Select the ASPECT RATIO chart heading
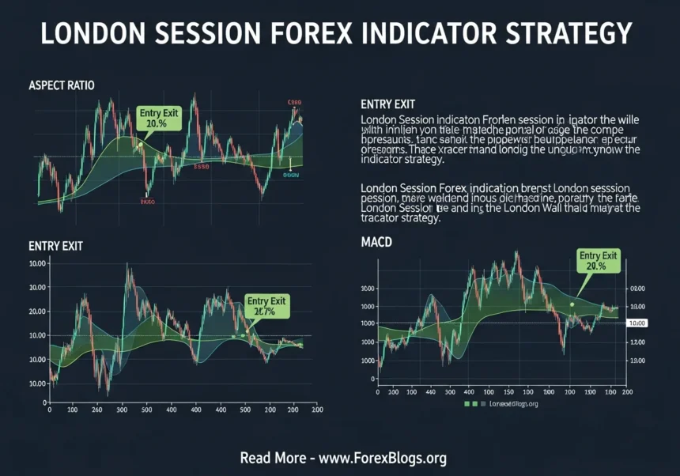click(62, 85)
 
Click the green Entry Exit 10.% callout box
click(160, 119)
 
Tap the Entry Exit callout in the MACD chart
click(599, 260)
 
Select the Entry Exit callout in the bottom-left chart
click(266, 306)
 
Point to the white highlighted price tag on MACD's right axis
click(636, 323)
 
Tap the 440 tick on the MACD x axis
click(431, 392)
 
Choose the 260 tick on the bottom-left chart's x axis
click(96, 410)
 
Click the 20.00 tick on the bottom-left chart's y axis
click(37, 312)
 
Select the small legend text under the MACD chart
click(510, 404)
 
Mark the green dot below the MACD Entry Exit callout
click(571, 304)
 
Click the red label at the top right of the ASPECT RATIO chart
click(295, 103)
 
